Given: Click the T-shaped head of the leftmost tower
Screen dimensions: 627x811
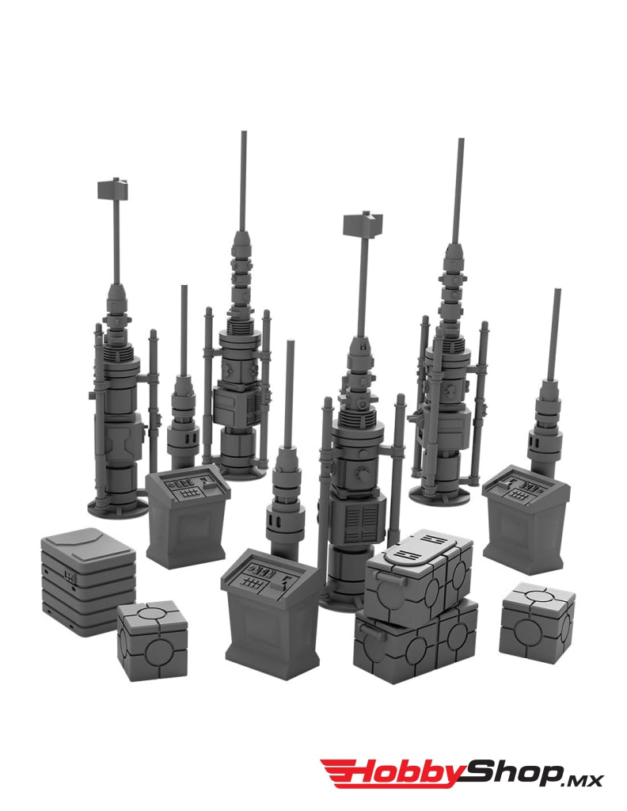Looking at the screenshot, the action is pyautogui.click(x=112, y=189).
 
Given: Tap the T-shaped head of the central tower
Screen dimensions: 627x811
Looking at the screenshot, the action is pyautogui.click(x=363, y=225).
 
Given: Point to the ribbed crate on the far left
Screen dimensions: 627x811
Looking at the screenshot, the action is pyautogui.click(x=88, y=581).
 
